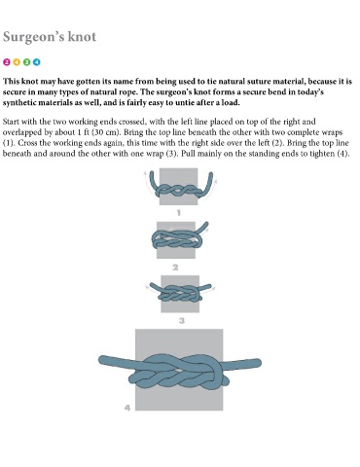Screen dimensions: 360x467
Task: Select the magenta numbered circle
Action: point(7,62)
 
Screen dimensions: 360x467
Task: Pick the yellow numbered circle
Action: point(17,62)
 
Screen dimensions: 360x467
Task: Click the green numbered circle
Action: point(26,62)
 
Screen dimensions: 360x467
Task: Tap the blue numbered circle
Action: point(37,62)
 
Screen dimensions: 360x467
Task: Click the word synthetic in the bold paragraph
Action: point(20,103)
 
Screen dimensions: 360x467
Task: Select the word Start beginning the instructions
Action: point(11,122)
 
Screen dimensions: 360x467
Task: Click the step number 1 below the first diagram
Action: point(179,213)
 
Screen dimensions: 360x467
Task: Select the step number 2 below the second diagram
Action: point(175,268)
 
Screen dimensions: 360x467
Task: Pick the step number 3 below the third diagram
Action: point(182,321)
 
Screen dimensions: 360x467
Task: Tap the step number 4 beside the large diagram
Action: point(127,408)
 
